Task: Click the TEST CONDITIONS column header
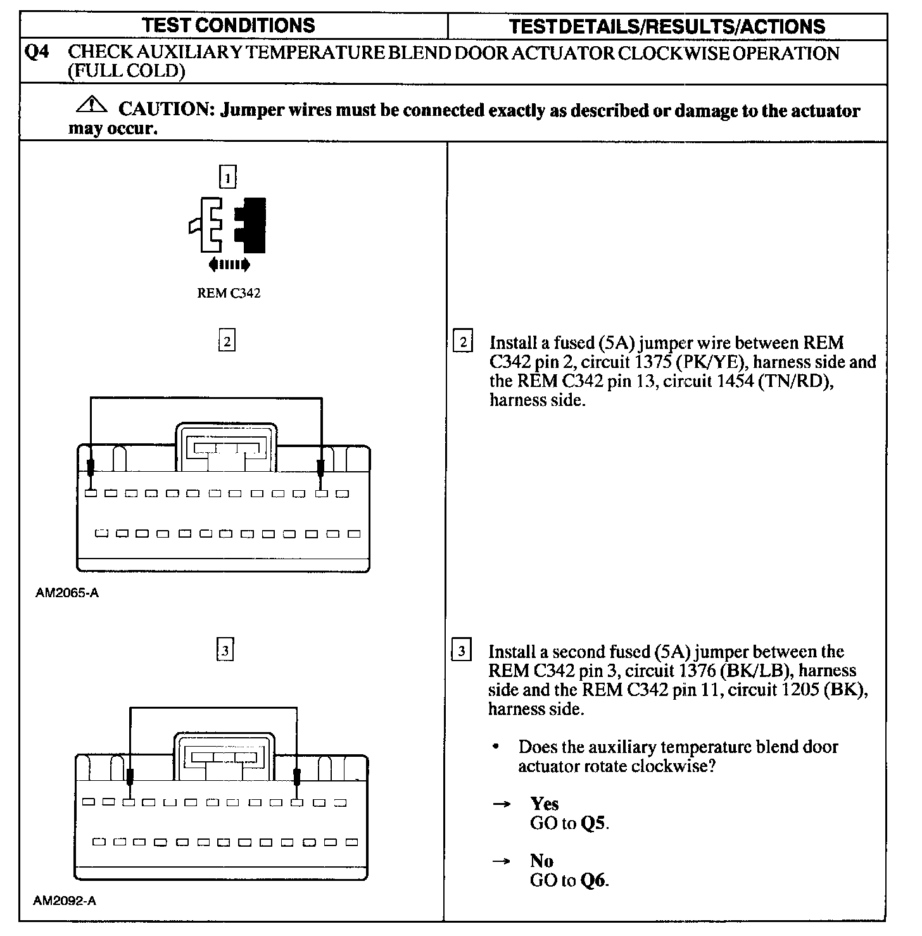(229, 25)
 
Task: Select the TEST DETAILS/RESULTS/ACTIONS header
(667, 27)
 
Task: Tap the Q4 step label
(36, 53)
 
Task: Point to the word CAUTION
(163, 110)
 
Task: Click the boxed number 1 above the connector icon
(227, 177)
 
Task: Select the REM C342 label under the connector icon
(229, 293)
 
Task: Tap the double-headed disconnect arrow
(229, 264)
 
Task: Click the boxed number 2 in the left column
(227, 342)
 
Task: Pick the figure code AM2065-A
(67, 593)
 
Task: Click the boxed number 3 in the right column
(462, 651)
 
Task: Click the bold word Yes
(545, 804)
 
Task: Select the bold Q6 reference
(593, 880)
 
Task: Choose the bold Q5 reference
(594, 823)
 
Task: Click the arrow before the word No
(502, 861)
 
